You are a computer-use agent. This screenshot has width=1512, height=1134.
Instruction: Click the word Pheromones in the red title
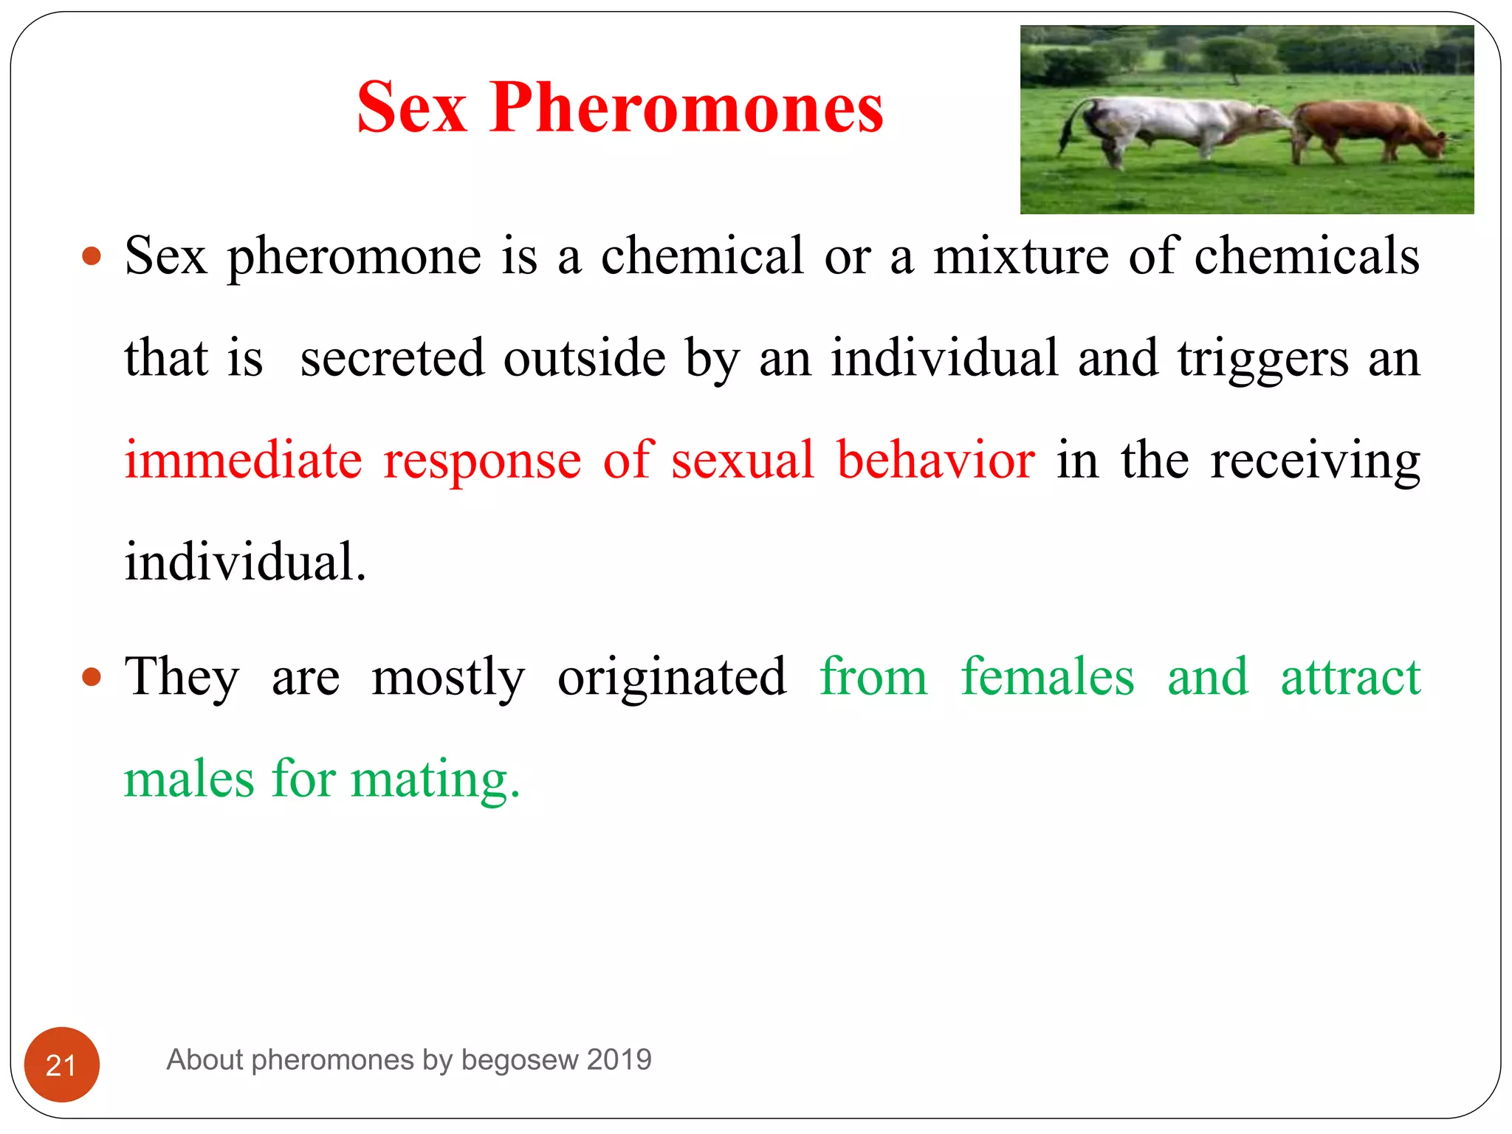(x=686, y=109)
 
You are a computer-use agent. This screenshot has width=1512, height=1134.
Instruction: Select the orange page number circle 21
(x=62, y=1064)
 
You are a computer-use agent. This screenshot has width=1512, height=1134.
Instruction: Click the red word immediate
(x=243, y=460)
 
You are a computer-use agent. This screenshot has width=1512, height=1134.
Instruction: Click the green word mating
(x=435, y=780)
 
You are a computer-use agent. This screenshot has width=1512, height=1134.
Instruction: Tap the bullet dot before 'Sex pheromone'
(x=92, y=256)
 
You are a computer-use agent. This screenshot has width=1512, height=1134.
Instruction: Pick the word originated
(x=671, y=678)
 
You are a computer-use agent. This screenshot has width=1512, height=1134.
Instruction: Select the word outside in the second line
(x=585, y=358)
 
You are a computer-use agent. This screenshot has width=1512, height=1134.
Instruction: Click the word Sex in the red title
(x=411, y=109)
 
